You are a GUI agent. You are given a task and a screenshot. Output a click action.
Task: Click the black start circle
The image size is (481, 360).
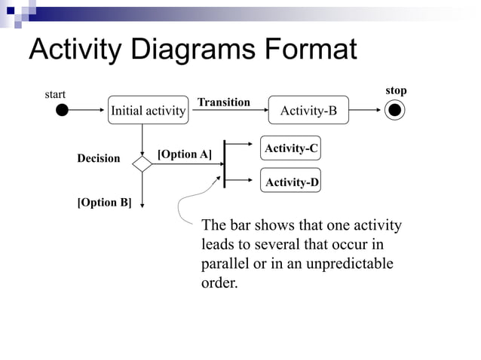(62, 111)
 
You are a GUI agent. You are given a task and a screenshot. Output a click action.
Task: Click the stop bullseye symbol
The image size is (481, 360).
(394, 111)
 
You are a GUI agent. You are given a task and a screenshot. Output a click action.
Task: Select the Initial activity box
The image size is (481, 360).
(148, 111)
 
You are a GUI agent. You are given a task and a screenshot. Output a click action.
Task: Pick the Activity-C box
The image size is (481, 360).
(290, 149)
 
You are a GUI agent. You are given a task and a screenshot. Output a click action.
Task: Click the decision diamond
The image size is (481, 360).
(142, 163)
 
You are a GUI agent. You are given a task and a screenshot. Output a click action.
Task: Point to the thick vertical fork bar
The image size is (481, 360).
(225, 163)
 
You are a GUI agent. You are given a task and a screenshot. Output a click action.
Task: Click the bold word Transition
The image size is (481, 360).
(223, 102)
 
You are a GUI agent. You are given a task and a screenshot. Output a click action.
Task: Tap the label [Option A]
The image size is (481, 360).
(184, 154)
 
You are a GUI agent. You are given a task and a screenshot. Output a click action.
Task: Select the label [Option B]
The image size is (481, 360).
(104, 203)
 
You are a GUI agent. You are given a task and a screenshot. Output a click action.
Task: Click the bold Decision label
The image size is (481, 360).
(98, 158)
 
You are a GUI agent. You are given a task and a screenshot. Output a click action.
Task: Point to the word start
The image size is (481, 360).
(55, 94)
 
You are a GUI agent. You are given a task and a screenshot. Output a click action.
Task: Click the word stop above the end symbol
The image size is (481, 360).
(396, 90)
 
